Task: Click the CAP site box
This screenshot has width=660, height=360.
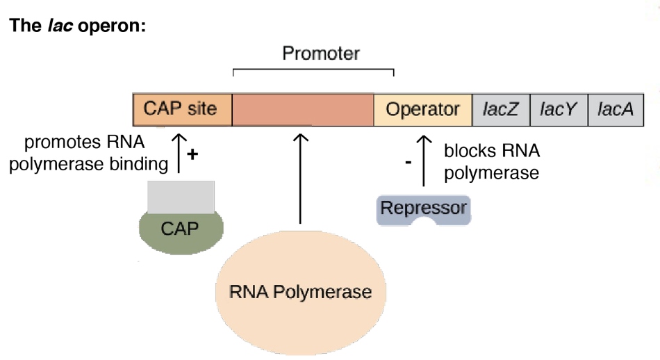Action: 181,109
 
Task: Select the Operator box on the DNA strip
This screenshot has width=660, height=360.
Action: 422,109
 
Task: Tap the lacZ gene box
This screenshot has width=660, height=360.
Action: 501,109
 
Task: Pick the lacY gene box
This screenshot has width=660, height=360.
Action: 559,109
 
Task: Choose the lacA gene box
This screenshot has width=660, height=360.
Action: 616,109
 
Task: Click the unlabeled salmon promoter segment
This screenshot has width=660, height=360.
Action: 302,109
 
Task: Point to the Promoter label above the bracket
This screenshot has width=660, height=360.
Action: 321,54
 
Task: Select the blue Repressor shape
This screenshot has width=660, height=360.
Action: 423,208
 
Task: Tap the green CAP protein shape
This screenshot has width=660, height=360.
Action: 180,229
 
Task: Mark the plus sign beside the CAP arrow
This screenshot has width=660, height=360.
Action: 193,154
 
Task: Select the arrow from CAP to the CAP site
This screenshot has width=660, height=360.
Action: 179,149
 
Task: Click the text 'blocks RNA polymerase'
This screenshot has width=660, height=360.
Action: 491,162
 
